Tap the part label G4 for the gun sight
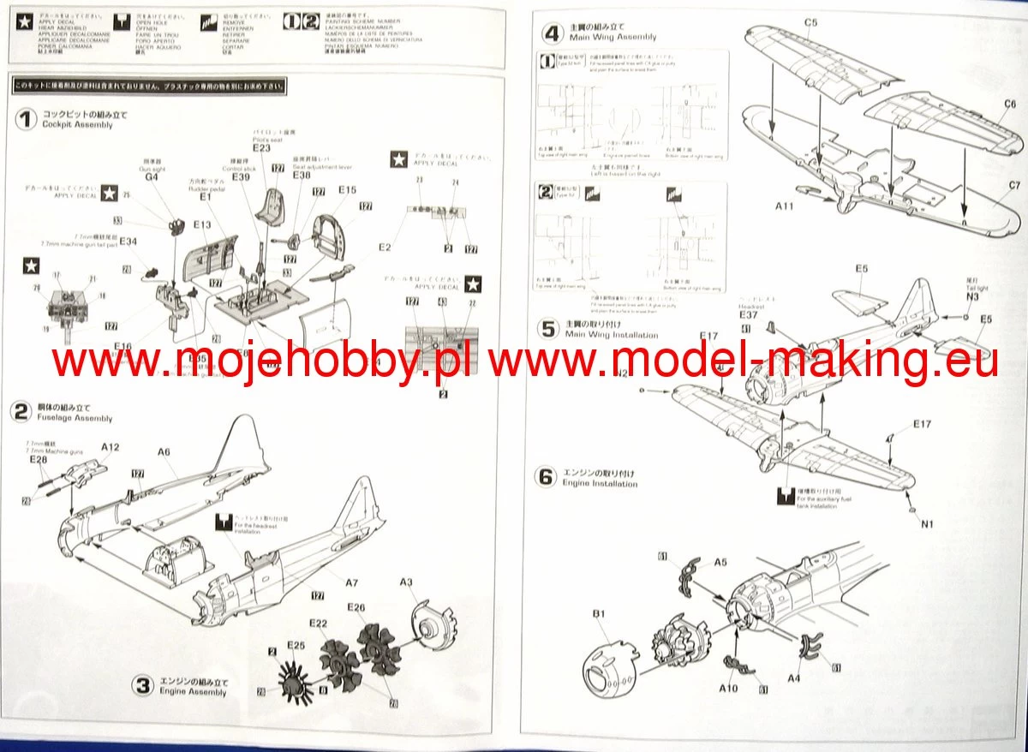[x=152, y=178]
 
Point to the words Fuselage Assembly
[x=77, y=419]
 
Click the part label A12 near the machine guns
[x=111, y=447]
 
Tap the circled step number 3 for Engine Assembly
[x=143, y=684]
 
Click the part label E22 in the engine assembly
[x=318, y=623]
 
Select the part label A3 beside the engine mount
[x=407, y=582]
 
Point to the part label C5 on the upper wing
[x=811, y=21]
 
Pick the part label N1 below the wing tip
[x=928, y=524]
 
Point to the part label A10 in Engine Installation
[x=729, y=688]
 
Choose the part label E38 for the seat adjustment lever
[x=302, y=174]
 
